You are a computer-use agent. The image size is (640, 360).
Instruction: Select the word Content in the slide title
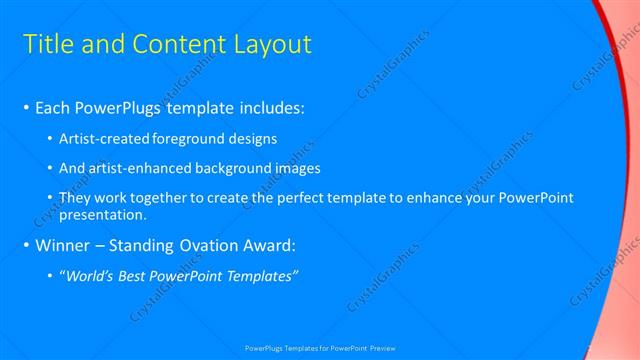point(176,45)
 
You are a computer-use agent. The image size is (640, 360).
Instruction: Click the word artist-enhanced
point(141,168)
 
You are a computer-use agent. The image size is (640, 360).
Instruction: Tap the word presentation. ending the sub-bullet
point(104,214)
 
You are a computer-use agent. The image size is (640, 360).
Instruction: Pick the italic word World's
point(90,276)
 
